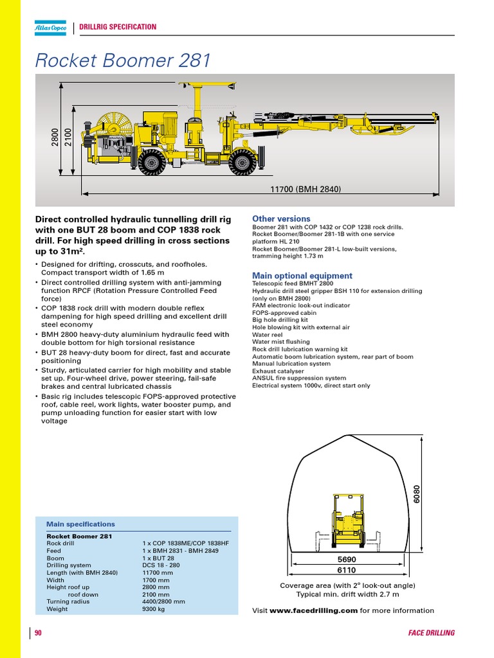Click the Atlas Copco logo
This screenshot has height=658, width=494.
(x=51, y=27)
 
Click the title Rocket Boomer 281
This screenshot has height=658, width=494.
(x=123, y=60)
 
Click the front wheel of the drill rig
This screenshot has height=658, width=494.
(x=242, y=163)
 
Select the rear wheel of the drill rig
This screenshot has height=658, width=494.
(x=152, y=162)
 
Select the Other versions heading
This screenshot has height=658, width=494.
(x=281, y=219)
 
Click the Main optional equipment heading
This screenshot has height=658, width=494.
(x=302, y=276)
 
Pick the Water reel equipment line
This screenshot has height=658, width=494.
(x=267, y=335)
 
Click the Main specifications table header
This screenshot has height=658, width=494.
(x=80, y=524)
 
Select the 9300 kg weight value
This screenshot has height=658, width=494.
(x=153, y=609)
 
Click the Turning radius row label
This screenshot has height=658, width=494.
(x=68, y=602)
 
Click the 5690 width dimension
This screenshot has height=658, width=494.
(x=347, y=560)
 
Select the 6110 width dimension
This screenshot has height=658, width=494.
(x=347, y=570)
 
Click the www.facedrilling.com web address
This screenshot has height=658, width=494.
(x=313, y=610)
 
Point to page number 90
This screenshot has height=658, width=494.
(x=38, y=633)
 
